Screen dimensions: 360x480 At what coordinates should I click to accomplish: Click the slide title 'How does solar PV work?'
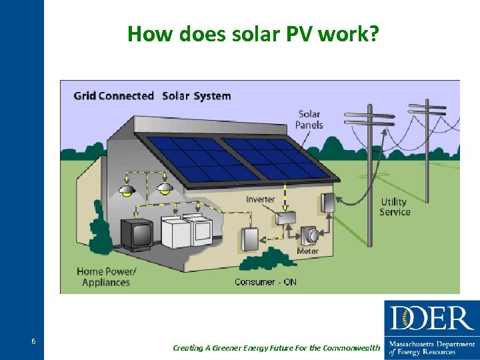[x=254, y=33]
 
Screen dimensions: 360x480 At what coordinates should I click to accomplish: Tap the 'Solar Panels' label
[x=309, y=119]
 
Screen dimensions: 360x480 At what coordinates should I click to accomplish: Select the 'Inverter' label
[x=260, y=199]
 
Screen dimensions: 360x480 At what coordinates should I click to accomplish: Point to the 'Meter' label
[x=308, y=251]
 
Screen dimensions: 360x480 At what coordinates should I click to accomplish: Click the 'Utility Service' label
[x=395, y=207]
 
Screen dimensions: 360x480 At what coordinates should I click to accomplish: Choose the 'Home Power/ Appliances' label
[x=106, y=277]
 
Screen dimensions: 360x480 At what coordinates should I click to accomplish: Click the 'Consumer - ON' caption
[x=265, y=282]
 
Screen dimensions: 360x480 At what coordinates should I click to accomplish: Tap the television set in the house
[x=137, y=235]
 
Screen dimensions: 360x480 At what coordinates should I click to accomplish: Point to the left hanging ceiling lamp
[x=127, y=191]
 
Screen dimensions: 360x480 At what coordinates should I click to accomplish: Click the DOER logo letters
[x=431, y=319]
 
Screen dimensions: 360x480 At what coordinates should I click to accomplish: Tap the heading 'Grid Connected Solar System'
[x=152, y=96]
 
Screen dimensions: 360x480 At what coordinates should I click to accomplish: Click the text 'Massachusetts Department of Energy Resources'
[x=432, y=347]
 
